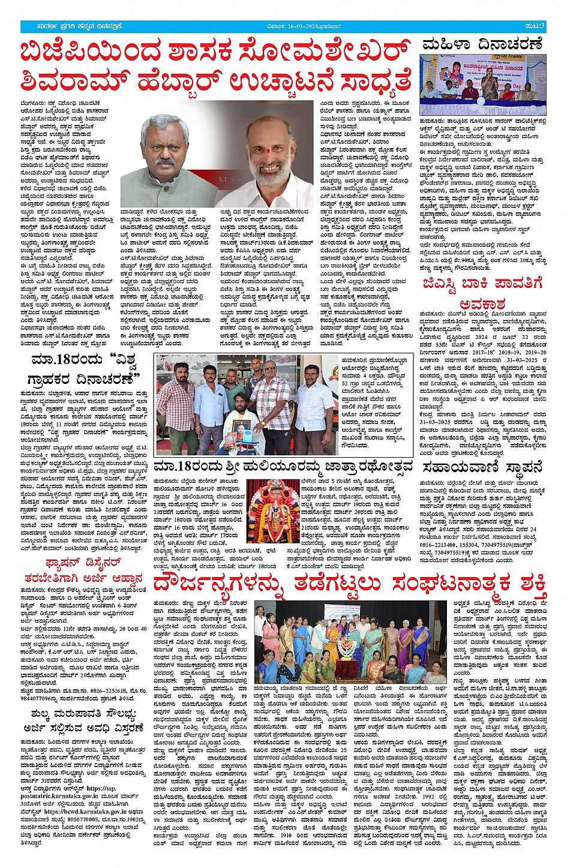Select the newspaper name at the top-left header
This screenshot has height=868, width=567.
pyautogui.click(x=73, y=26)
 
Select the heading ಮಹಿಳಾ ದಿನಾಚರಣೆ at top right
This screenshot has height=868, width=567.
pyautogui.click(x=483, y=44)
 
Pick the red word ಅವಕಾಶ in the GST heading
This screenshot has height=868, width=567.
pyautogui.click(x=483, y=304)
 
